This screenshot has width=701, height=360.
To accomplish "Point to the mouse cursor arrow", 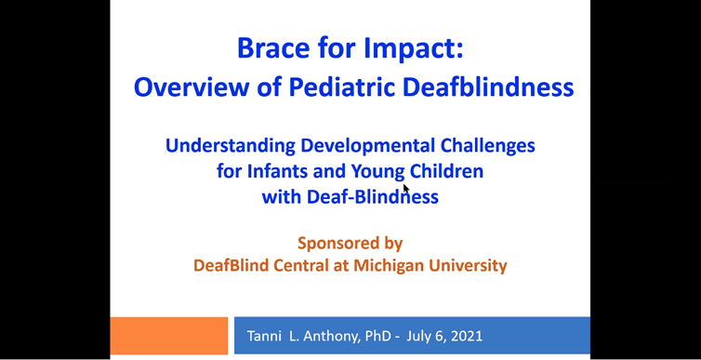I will click(x=406, y=188).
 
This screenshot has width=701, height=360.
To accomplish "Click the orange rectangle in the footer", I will click(x=168, y=335).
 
